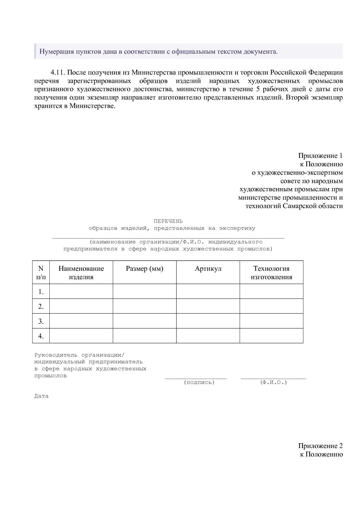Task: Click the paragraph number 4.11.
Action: pos(58,73)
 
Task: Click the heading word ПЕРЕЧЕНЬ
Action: pos(168,221)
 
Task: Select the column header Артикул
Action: pos(208,269)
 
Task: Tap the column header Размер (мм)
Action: pos(145,269)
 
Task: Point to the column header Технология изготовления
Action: pos(271,272)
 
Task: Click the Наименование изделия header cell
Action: pos(81,272)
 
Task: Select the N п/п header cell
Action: pos(41,272)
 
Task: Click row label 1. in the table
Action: pos(41,292)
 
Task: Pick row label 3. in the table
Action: pos(41,321)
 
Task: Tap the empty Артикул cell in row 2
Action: pos(208,306)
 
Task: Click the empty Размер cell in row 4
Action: pos(145,336)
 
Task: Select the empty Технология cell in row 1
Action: pos(271,291)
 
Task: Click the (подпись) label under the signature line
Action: pos(199,382)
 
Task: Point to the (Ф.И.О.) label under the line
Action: pos(273,382)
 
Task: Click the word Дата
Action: pos(42,396)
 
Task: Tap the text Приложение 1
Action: pos(320,156)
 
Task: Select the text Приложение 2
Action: pos(320,446)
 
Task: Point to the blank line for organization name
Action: pos(168,237)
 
